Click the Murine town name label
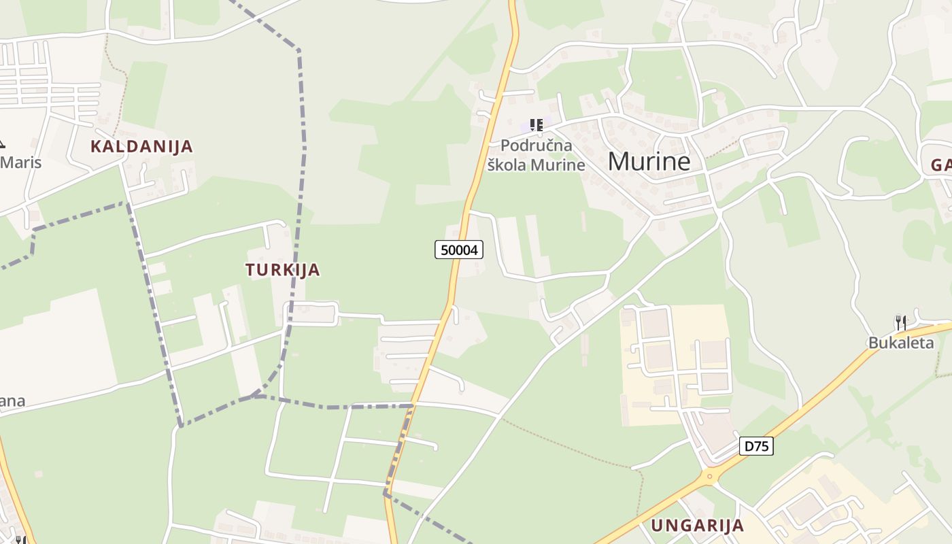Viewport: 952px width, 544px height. pos(649,161)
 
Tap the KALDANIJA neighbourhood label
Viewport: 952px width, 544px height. pos(141,146)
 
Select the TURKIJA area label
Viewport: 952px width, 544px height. pos(282,269)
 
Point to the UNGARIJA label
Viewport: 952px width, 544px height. pos(697,525)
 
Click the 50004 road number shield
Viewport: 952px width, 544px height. pos(459,250)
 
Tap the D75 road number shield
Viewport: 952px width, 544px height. pos(756,446)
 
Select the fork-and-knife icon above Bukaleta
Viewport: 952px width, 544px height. pos(900,322)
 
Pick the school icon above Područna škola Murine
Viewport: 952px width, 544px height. pos(536,125)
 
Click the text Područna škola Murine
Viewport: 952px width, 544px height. pos(536,155)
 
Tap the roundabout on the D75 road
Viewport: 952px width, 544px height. pos(710,475)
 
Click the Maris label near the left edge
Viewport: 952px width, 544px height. pos(21,163)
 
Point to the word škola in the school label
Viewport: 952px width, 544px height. pos(507,165)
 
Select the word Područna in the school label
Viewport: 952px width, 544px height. pos(536,146)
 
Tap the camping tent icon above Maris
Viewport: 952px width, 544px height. pos(1,143)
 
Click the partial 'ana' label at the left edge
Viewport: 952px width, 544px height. pos(12,401)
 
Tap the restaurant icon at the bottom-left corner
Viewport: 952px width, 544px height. pos(20,540)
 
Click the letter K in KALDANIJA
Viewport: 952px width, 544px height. pos(96,146)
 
